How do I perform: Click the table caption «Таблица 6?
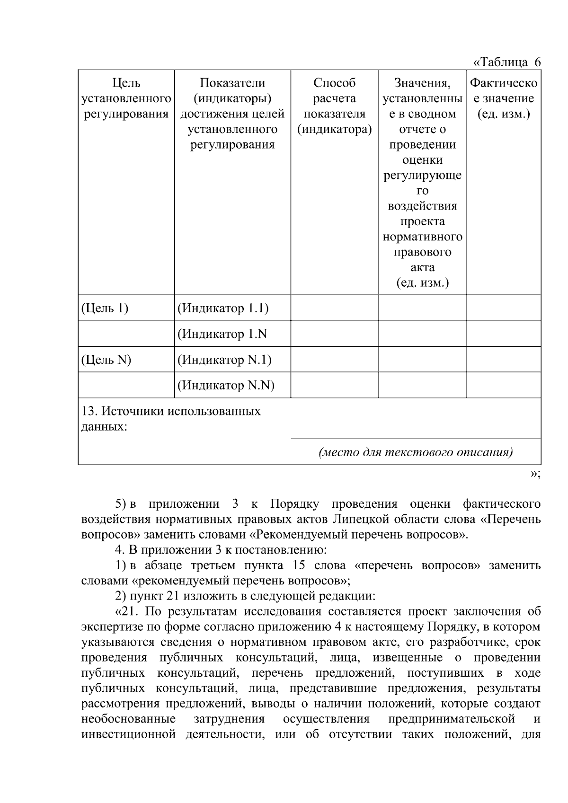[506, 62]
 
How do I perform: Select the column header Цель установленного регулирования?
[126, 98]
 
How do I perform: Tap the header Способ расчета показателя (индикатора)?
[334, 106]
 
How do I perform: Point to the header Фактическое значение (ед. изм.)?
[504, 98]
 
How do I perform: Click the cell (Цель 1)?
[105, 309]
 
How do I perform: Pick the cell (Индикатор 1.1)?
[222, 309]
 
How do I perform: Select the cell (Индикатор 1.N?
[222, 334]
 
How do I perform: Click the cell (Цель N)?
[106, 360]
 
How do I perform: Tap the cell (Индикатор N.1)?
[224, 360]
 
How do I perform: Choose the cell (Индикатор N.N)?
[226, 385]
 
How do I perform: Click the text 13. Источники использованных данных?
[170, 418]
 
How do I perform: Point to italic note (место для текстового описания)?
[416, 452]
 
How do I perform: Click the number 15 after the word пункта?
[294, 565]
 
